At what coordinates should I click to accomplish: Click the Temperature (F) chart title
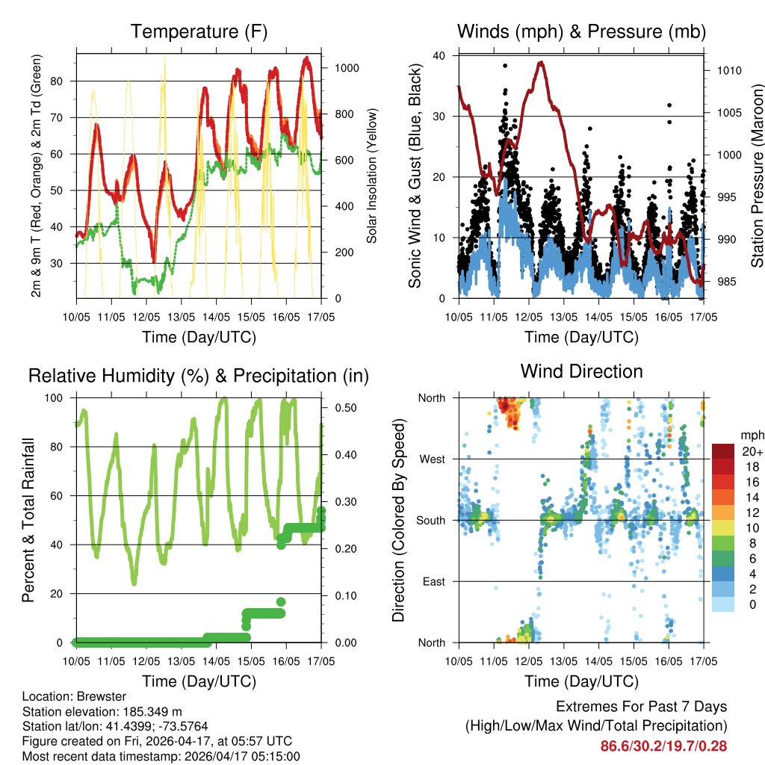[199, 32]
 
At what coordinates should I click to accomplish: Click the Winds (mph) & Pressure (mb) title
[581, 32]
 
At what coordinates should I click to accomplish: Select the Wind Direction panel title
[581, 371]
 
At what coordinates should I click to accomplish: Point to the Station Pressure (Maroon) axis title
[757, 176]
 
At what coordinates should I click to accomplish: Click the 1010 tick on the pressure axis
[728, 71]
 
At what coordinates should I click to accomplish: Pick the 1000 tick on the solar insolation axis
[347, 68]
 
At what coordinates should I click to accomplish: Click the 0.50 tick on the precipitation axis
[346, 408]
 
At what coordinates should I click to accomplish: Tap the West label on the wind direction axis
[433, 459]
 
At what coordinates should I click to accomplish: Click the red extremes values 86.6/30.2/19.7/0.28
[663, 746]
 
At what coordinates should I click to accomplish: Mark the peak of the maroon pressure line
[540, 62]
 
